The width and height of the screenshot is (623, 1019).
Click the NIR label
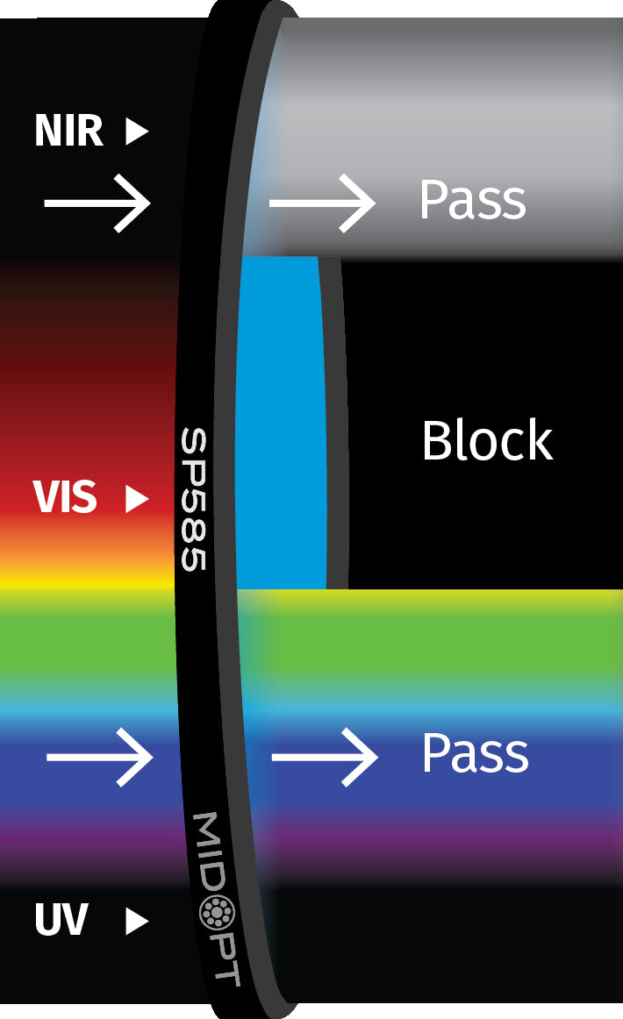pos(68,132)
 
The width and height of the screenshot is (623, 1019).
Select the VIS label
pos(64,498)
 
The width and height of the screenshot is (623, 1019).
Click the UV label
pos(61,921)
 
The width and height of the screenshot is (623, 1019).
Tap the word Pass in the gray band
pos(472,201)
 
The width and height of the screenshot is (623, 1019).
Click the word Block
pos(487,440)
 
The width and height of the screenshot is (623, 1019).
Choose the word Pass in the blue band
pos(475,753)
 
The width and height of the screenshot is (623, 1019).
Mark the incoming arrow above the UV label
pos(99,756)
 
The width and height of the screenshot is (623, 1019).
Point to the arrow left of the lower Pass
pos(325,756)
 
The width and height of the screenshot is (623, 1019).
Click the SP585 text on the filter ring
pos(193,499)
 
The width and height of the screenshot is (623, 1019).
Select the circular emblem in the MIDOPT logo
pos(211,913)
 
